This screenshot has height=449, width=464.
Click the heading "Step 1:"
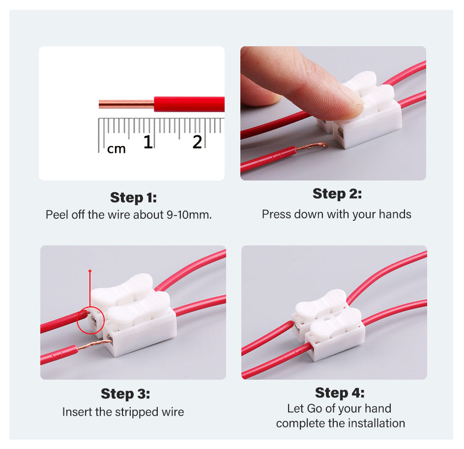(x=133, y=198)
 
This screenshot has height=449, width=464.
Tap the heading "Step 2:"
(x=337, y=194)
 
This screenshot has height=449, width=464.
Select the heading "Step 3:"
(x=125, y=394)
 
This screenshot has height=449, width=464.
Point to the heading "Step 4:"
(x=340, y=393)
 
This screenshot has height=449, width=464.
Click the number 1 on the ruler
(x=147, y=142)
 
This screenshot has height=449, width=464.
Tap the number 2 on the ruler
(x=197, y=142)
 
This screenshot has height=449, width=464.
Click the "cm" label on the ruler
(x=116, y=149)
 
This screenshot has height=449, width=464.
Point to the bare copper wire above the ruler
(x=126, y=104)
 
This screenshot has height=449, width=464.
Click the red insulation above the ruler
(x=189, y=104)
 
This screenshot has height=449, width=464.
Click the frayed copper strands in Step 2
(x=312, y=147)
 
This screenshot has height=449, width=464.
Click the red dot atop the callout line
(x=90, y=271)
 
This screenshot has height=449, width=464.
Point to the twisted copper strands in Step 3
(x=95, y=345)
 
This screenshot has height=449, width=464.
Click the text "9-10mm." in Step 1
(x=189, y=215)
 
